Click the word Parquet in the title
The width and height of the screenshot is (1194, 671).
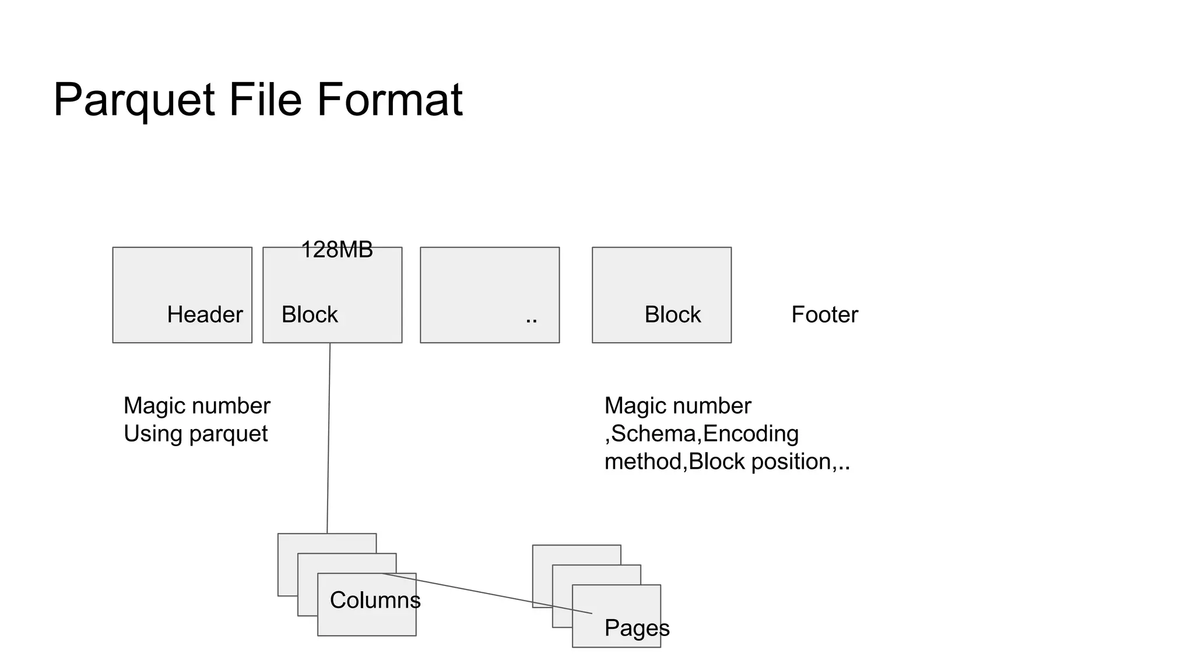coord(134,100)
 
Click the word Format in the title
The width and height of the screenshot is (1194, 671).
coord(389,100)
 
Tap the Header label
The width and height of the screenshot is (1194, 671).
coord(205,315)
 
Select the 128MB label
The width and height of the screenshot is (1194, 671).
coord(336,250)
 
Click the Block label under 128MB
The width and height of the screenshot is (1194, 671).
coord(310,315)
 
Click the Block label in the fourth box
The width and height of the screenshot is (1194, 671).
coord(672,315)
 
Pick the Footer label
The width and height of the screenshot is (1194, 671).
coord(824,315)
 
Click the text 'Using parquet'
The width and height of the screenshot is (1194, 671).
coord(195,434)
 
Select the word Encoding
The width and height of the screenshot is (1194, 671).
coord(751,434)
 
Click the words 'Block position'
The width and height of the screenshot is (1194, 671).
coord(760,462)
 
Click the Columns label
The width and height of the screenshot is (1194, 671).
coord(375,600)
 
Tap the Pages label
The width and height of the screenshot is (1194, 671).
coord(637,628)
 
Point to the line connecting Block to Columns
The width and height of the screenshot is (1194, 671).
coord(329,437)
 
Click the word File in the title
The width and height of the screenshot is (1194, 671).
coord(265,100)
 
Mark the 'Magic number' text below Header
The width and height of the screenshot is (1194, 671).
coord(196,406)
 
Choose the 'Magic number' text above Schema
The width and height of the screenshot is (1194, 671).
coord(677,406)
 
